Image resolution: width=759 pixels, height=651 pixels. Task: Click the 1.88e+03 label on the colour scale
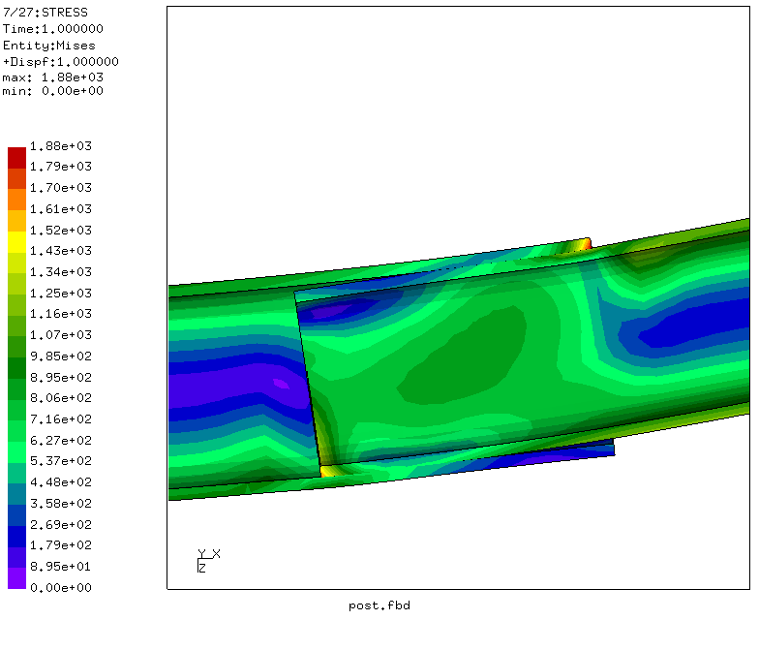pyautogui.click(x=60, y=145)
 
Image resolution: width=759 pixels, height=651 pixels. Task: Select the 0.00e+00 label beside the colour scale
pyautogui.click(x=60, y=587)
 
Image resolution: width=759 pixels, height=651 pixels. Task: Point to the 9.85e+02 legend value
pyautogui.click(x=60, y=356)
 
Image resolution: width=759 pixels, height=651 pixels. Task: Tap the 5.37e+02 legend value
pyautogui.click(x=60, y=461)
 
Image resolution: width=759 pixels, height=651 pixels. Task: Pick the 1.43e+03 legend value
pyautogui.click(x=60, y=250)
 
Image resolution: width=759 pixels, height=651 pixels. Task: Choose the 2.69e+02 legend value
pyautogui.click(x=60, y=525)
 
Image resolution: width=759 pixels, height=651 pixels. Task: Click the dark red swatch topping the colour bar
pyautogui.click(x=17, y=158)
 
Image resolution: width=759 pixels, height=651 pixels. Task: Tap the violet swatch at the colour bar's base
pyautogui.click(x=17, y=578)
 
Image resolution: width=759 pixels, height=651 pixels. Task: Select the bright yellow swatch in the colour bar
pyautogui.click(x=17, y=242)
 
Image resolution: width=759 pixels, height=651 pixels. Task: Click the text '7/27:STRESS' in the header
pyautogui.click(x=46, y=12)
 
